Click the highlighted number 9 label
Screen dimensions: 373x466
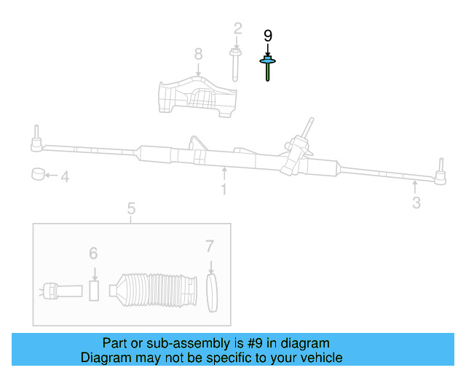point(267,35)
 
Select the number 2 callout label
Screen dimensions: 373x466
point(237,28)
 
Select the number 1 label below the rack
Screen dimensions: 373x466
point(224,189)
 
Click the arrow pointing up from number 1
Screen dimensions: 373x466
point(224,173)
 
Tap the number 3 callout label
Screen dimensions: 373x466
point(416,203)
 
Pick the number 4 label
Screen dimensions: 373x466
point(65,176)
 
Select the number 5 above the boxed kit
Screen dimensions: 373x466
point(131,210)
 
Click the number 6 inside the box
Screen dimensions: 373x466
point(93,253)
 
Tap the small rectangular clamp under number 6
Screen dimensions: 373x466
point(93,290)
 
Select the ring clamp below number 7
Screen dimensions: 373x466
point(212,292)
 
